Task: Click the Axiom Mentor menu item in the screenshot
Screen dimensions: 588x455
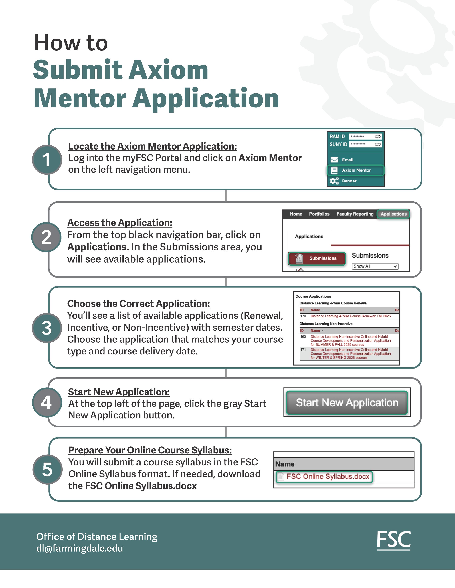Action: pyautogui.click(x=356, y=170)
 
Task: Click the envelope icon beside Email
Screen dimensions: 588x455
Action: pyautogui.click(x=334, y=160)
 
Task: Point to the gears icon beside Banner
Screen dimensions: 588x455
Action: pyautogui.click(x=334, y=181)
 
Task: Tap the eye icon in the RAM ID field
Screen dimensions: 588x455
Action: pyautogui.click(x=378, y=137)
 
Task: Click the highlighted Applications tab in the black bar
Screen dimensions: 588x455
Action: pyautogui.click(x=393, y=214)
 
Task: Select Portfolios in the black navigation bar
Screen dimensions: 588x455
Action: pyautogui.click(x=319, y=214)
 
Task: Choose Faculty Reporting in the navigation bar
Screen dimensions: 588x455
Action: pyautogui.click(x=355, y=214)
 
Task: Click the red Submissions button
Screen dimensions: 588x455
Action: pyautogui.click(x=317, y=258)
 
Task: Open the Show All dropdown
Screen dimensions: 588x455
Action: pyautogui.click(x=375, y=266)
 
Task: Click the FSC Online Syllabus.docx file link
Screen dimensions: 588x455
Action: pyautogui.click(x=327, y=477)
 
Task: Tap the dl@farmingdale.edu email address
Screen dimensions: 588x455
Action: pyautogui.click(x=80, y=548)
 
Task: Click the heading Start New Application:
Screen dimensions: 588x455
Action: pyautogui.click(x=119, y=392)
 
